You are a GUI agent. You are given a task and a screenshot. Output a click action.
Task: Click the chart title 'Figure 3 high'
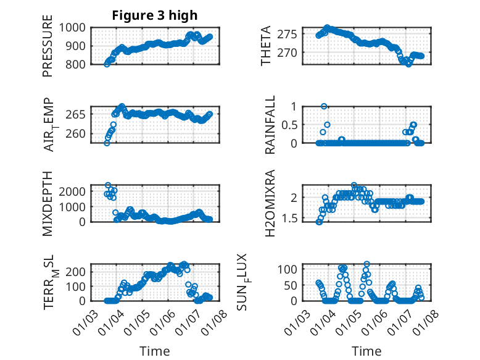155,15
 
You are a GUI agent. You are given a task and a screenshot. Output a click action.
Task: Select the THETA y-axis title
266,46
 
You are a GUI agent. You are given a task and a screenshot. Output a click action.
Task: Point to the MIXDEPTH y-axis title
48,204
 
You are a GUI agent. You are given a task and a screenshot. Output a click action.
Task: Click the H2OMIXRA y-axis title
270,204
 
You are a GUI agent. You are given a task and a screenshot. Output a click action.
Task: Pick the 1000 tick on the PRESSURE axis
75,28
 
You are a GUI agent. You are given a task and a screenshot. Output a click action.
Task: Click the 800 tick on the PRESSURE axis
78,64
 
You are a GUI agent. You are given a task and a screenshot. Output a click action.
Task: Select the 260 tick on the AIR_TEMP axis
78,133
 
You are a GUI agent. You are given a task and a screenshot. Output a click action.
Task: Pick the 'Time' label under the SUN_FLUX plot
366,351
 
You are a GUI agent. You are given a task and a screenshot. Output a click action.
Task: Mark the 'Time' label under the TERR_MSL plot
155,351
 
